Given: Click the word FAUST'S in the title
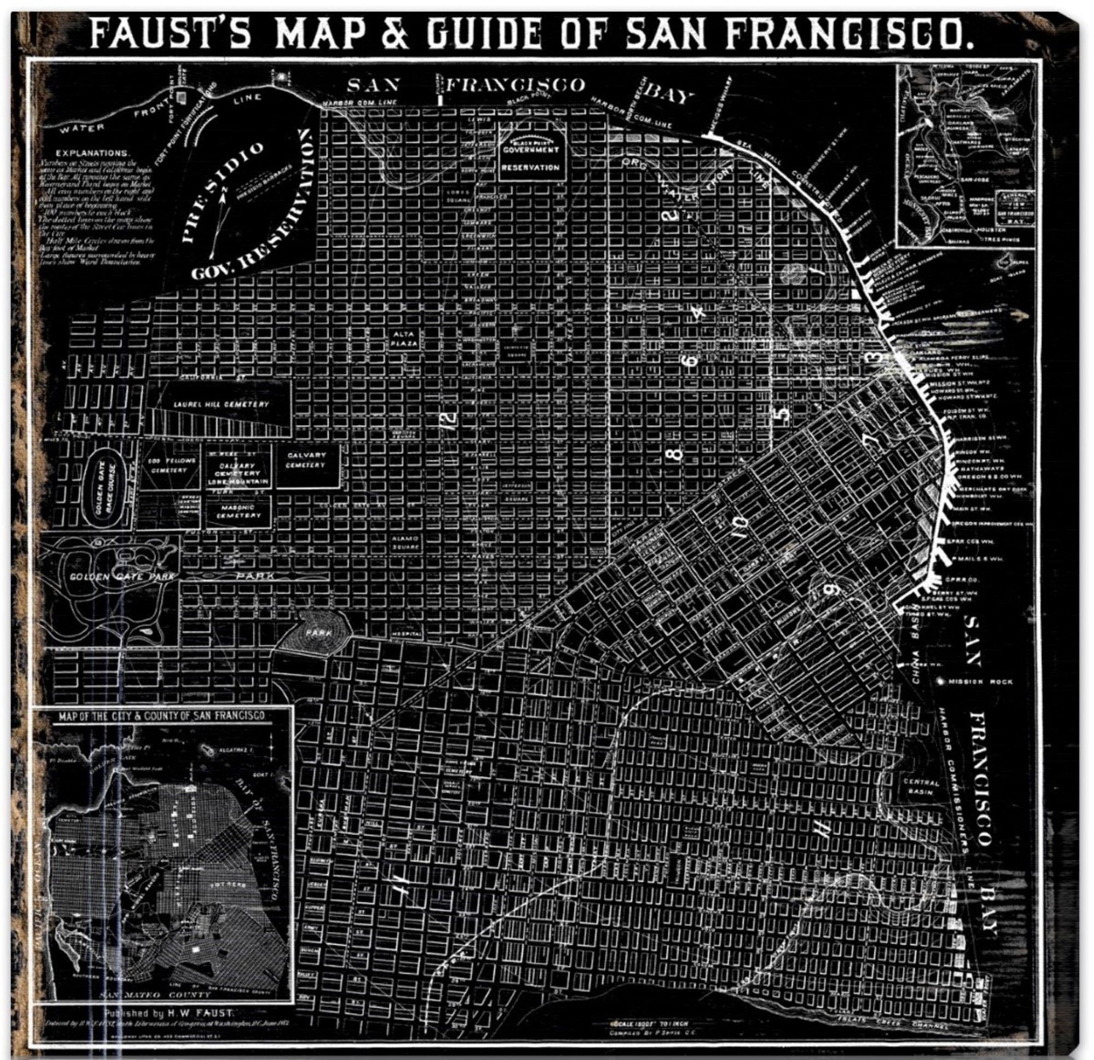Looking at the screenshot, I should coord(170,34).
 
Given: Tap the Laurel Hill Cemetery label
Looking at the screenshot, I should coord(221,404).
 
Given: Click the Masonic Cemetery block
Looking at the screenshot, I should coord(238,511).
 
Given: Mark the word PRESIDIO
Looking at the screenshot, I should coord(222,193).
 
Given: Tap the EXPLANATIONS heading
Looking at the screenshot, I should coord(92,153).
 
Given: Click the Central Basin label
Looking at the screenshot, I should coord(922,788).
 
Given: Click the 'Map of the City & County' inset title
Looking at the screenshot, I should coord(162,716).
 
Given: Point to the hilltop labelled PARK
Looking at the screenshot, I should coord(318,633).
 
